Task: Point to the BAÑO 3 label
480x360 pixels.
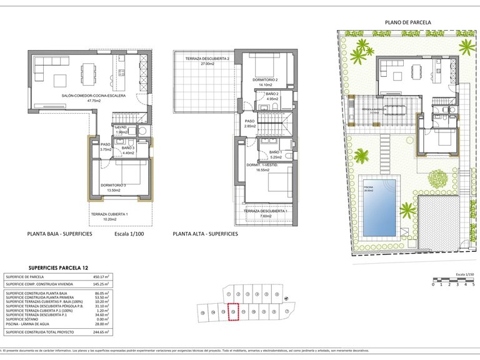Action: pyautogui.click(x=128, y=148)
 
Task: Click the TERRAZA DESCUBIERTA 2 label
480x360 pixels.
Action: pyautogui.click(x=207, y=59)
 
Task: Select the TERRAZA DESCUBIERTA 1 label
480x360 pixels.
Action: pyautogui.click(x=266, y=211)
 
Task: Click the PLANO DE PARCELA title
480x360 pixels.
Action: pyautogui.click(x=407, y=22)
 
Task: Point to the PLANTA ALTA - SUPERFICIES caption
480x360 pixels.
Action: pyautogui.click(x=205, y=234)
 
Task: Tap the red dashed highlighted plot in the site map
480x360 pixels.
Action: pyautogui.click(x=233, y=311)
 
